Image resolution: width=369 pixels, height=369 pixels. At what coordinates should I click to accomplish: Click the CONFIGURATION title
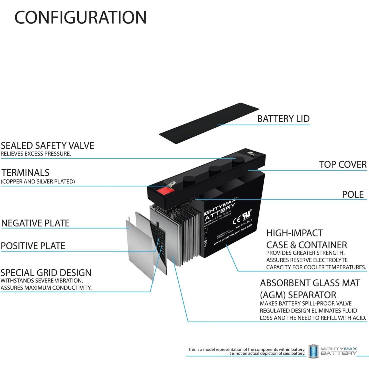80,17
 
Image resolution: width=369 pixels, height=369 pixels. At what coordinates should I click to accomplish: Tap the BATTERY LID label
283,119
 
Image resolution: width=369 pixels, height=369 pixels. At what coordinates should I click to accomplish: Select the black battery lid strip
209,123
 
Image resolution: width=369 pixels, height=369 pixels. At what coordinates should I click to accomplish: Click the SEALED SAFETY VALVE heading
47,145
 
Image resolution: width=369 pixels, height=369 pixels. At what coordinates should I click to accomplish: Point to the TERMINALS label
25,172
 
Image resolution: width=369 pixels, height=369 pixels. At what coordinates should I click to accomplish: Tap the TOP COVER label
342,164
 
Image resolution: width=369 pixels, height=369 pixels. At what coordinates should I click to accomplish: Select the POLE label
352,194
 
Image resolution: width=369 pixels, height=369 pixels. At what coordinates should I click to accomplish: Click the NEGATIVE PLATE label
35,223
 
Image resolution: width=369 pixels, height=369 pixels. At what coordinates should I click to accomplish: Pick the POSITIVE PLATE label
33,246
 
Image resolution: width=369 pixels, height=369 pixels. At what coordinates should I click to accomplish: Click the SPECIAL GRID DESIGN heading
46,272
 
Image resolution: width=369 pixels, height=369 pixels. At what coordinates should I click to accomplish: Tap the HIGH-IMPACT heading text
294,233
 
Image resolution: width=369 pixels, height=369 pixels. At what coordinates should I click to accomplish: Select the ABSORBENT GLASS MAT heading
310,283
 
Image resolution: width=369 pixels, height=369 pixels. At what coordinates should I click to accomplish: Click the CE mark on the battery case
236,220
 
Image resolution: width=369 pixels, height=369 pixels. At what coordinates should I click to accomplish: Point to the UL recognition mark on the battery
246,215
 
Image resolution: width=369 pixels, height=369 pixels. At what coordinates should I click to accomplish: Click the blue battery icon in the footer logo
313,351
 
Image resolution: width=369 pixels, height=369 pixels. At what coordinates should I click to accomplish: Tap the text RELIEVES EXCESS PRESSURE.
36,154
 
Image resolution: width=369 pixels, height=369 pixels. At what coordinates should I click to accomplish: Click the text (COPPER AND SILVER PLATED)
38,181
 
